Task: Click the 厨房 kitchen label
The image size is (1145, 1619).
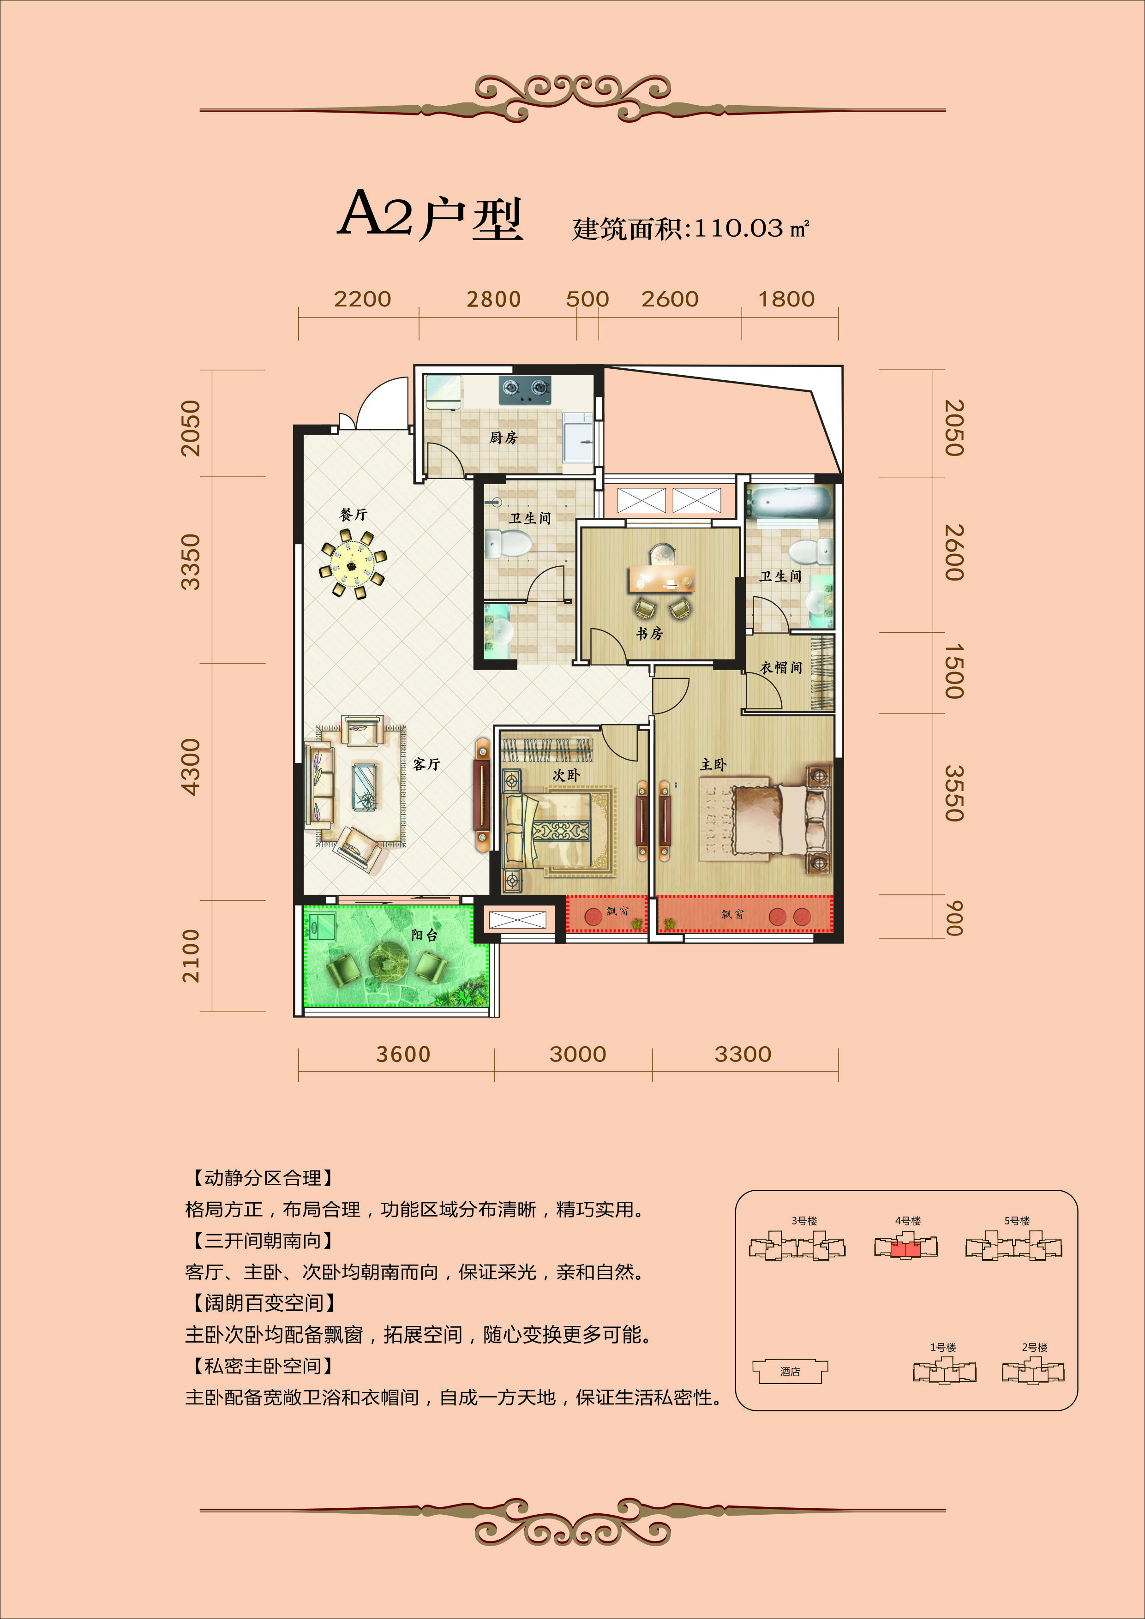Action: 504,438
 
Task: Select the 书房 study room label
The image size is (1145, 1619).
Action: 649,633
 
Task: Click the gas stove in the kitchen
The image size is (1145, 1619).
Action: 525,389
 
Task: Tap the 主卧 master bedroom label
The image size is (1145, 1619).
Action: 713,764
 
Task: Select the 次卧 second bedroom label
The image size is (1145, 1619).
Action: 566,775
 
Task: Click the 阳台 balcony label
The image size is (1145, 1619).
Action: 425,935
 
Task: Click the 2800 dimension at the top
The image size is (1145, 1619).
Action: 493,300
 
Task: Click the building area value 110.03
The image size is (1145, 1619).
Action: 739,228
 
